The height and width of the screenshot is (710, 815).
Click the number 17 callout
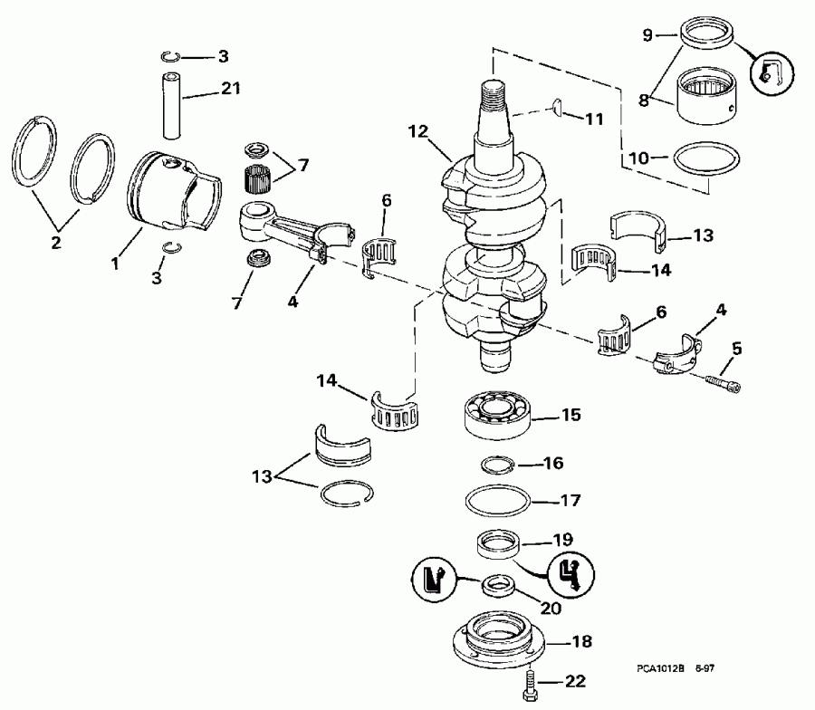tap(570, 500)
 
